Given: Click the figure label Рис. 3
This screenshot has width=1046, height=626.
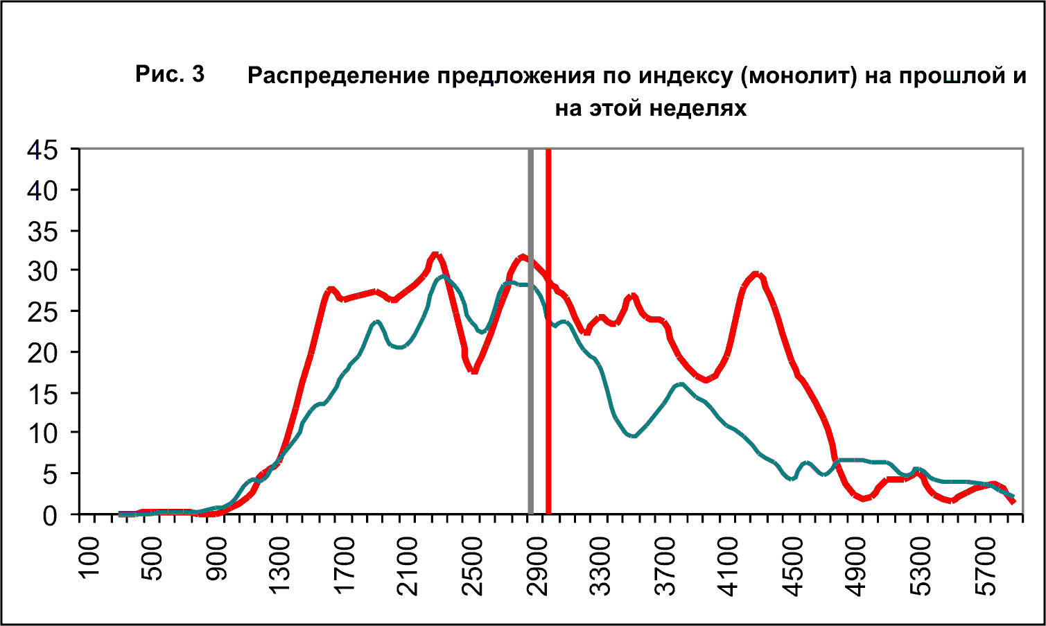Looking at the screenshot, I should [170, 73].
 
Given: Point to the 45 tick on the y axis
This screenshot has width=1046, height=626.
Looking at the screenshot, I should [43, 150].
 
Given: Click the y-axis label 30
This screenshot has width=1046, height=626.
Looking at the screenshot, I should [43, 271].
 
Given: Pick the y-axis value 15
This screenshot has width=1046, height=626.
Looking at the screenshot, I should [43, 393].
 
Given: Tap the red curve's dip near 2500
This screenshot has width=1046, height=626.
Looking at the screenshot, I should [474, 370].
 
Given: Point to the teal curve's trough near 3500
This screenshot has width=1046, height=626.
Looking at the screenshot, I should [632, 436].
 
